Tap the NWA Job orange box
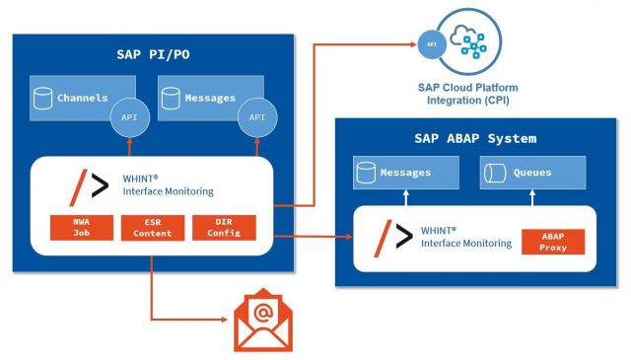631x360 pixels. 80,228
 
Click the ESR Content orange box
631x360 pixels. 152,228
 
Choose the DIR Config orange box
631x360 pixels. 224,228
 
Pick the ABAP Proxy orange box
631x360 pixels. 553,243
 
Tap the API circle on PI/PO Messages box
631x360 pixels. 257,117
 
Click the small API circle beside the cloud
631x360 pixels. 429,44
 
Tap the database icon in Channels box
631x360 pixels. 42,99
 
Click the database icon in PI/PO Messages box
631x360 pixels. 170,99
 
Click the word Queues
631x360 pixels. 532,172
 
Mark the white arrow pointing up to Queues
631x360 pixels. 532,196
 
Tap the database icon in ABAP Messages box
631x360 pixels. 367,172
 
